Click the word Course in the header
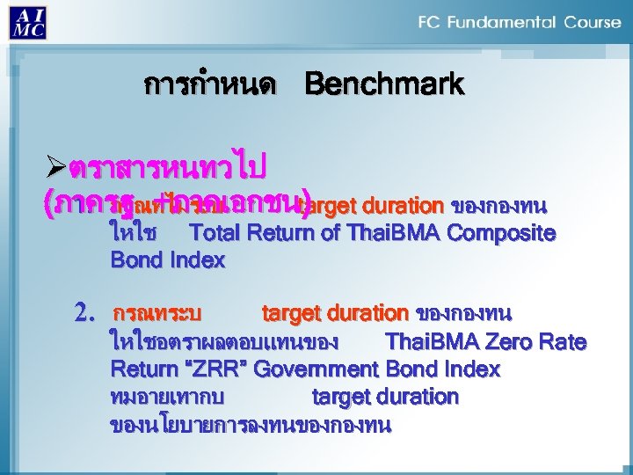pyautogui.click(x=591, y=22)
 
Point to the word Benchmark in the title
pyautogui.click(x=384, y=84)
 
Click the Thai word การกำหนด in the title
pyautogui.click(x=210, y=85)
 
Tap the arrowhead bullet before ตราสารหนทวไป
pyautogui.click(x=55, y=166)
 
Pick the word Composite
pyautogui.click(x=506, y=233)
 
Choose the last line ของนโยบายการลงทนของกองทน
pyautogui.click(x=251, y=425)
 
